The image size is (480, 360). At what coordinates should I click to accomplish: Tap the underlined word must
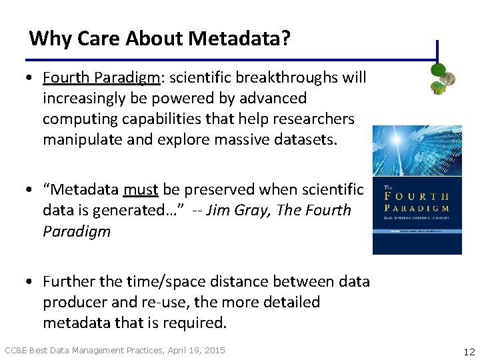pos(141,190)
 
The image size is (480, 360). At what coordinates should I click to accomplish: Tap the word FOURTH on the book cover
pos(417,197)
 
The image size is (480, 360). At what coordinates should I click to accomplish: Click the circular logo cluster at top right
pos(442,78)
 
